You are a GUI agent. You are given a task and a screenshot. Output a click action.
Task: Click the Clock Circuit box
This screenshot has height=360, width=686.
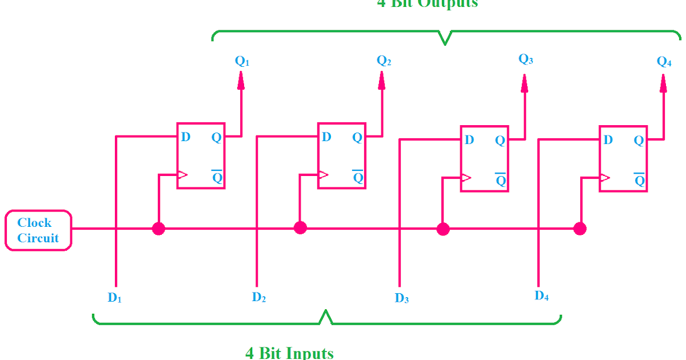38,230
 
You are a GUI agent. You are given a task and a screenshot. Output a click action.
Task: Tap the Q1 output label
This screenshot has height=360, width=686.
242,62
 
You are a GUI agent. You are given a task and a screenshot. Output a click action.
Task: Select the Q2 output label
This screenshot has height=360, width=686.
384,61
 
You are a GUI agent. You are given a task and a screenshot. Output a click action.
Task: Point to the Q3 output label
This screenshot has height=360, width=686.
525,59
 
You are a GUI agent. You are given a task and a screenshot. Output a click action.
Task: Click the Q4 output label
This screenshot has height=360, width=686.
664,62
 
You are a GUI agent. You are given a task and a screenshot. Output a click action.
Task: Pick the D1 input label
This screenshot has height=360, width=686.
115,297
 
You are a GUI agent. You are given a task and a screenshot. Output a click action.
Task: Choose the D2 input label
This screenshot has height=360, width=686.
259,297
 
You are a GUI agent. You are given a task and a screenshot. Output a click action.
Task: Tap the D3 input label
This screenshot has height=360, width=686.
402,298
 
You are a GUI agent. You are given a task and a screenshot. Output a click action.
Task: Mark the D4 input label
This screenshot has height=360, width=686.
542,295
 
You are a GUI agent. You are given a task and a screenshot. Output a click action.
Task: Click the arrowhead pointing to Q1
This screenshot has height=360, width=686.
241,82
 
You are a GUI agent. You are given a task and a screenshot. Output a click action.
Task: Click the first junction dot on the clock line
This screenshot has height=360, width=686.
158,229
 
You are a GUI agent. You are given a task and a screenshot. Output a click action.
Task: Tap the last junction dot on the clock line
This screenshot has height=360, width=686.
580,229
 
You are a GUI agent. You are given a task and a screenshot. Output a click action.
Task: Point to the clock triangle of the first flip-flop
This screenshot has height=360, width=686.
182,174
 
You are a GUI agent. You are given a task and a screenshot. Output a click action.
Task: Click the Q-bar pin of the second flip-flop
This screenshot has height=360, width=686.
358,177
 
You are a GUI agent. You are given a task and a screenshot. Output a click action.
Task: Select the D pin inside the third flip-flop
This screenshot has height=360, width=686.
469,140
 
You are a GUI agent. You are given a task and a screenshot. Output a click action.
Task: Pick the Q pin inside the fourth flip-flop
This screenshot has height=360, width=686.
639,140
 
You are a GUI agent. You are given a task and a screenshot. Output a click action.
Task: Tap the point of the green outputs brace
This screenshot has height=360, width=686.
444,43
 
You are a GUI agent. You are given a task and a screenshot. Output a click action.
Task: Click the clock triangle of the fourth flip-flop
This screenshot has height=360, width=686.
604,177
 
